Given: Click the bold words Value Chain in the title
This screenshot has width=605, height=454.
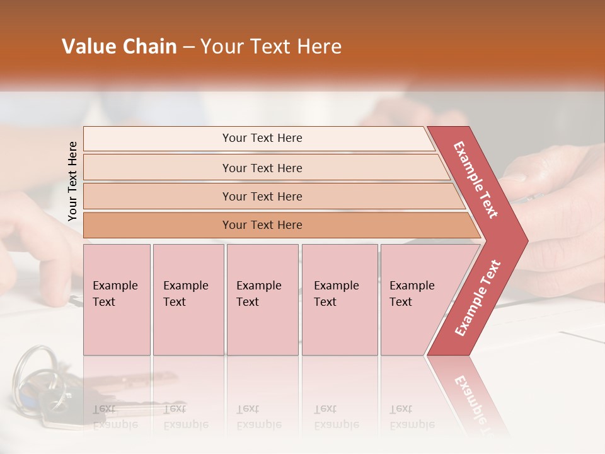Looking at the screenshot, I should (x=119, y=47).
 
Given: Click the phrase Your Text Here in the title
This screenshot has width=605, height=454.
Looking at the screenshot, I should (x=271, y=47).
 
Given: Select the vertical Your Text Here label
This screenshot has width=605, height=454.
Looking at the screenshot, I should (x=72, y=181).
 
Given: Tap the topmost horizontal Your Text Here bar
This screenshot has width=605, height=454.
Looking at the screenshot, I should (x=262, y=138).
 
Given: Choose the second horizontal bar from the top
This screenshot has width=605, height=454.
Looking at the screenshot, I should (x=262, y=168).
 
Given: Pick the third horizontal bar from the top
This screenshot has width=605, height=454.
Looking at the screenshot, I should (x=262, y=196).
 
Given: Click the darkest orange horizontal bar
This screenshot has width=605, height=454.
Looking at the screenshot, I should (x=262, y=225).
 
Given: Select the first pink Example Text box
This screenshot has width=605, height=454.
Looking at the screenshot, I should (x=117, y=300).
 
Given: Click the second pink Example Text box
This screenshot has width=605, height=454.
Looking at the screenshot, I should (x=188, y=300).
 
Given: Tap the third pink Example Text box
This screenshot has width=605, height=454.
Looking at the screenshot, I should (x=262, y=300).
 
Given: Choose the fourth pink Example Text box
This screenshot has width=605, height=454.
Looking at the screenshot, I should (x=340, y=300).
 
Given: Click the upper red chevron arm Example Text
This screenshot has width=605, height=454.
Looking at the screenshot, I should (x=476, y=180).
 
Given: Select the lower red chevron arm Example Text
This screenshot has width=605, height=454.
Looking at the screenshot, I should (x=478, y=298).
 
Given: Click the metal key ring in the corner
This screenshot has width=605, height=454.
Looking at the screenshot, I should (x=32, y=372).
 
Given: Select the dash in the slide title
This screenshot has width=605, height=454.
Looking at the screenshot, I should (x=188, y=47).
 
